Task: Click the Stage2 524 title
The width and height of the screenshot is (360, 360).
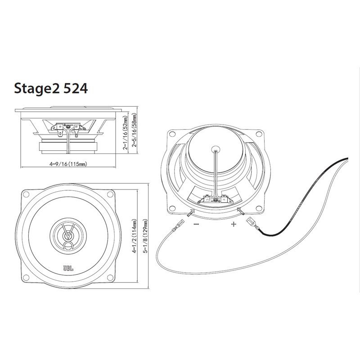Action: coord(51,89)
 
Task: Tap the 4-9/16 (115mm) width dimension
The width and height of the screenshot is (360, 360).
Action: coord(68,164)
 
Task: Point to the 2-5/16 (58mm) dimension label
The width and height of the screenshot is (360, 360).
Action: coord(134,130)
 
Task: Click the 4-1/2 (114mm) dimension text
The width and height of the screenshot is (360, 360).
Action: coord(134,236)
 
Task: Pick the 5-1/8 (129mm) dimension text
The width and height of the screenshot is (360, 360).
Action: coord(145,236)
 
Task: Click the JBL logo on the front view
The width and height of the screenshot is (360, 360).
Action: coord(68,268)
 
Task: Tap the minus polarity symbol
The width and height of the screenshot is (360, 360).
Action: coord(197,224)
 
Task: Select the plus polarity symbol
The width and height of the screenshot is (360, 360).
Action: coord(234,224)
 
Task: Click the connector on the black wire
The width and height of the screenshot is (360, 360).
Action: coord(252,224)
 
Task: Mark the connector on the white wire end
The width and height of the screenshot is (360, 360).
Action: coord(178,226)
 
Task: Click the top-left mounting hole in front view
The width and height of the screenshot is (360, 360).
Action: coord(26,194)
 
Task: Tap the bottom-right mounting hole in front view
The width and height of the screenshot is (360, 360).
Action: coord(110,278)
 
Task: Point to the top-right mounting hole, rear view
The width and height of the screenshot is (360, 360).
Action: coord(259,133)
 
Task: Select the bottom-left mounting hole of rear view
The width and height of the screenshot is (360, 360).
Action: coord(172,208)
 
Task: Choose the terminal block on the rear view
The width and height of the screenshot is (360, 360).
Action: coord(216,199)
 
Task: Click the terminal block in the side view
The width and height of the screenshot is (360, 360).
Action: coord(68,129)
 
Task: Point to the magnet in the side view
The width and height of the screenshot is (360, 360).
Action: coord(68,148)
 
